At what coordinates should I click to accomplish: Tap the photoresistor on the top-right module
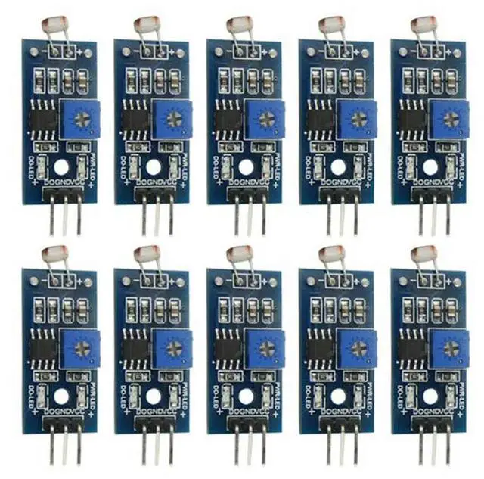(421, 26)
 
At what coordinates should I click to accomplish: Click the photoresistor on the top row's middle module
(237, 26)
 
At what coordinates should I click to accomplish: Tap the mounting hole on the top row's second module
(154, 166)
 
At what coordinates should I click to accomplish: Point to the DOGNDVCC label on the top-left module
(64, 182)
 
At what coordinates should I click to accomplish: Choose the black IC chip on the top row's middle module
(229, 119)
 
